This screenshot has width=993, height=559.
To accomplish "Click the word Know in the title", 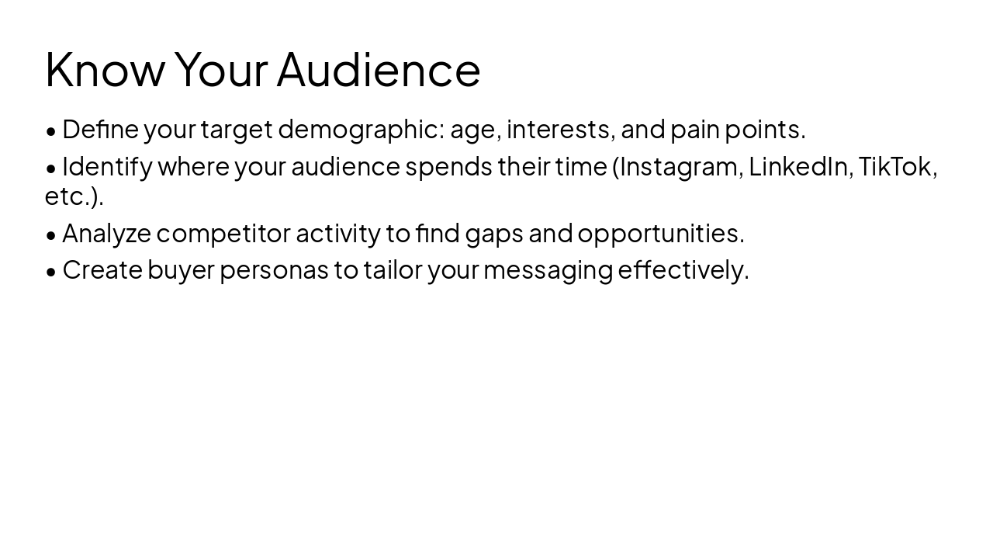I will [x=105, y=70].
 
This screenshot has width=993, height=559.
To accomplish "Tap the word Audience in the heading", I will [x=379, y=70].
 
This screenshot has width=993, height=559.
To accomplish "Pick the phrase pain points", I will [x=737, y=130].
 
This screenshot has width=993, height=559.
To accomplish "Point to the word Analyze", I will [x=106, y=233].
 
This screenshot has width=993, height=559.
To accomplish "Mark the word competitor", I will [x=223, y=233].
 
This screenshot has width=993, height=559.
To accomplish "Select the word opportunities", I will [x=660, y=233].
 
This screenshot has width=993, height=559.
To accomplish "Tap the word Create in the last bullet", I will [x=102, y=270].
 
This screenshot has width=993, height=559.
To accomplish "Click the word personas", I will [x=274, y=270].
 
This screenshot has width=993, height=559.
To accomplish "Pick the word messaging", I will [x=548, y=270].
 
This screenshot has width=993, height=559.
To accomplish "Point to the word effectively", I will [x=683, y=270].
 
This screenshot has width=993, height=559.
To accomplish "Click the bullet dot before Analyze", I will [x=51, y=234].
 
